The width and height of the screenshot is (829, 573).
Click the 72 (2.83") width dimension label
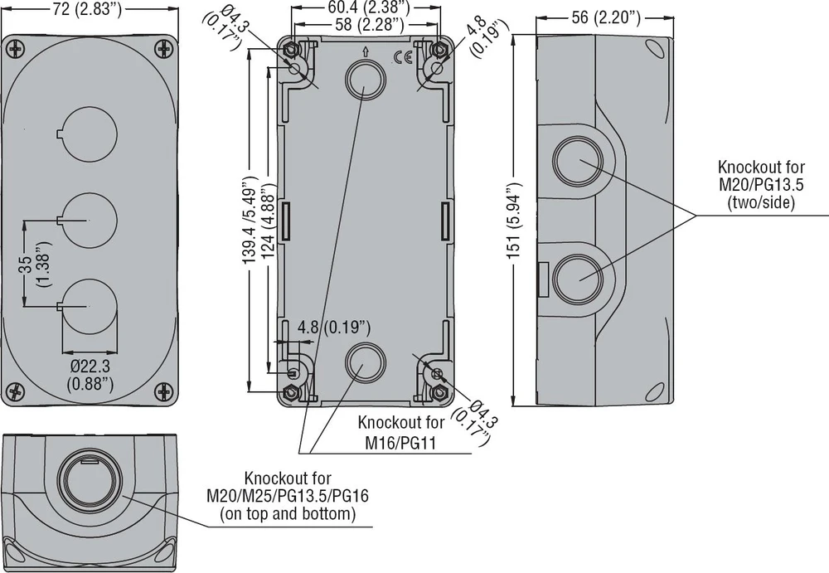click(x=87, y=9)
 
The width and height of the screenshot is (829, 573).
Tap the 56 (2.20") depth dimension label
click(x=605, y=17)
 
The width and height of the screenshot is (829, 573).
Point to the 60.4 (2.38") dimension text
click(x=366, y=7)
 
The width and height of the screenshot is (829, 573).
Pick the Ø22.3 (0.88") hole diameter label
click(x=90, y=375)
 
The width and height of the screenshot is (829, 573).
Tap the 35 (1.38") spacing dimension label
click(x=34, y=264)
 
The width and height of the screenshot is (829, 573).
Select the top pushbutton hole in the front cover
click(x=89, y=134)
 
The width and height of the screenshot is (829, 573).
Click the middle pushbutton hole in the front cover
click(x=89, y=220)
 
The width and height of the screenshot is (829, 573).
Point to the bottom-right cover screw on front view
click(x=164, y=391)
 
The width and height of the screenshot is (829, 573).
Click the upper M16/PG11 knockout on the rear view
click(x=365, y=80)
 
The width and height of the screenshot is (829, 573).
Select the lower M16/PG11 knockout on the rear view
click(x=365, y=363)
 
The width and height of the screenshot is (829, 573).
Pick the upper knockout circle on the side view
click(x=579, y=160)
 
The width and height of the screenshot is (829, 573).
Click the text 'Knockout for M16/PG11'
click(x=401, y=432)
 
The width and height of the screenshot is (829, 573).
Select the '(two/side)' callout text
click(x=761, y=202)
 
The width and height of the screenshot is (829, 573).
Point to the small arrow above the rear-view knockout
click(x=365, y=51)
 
